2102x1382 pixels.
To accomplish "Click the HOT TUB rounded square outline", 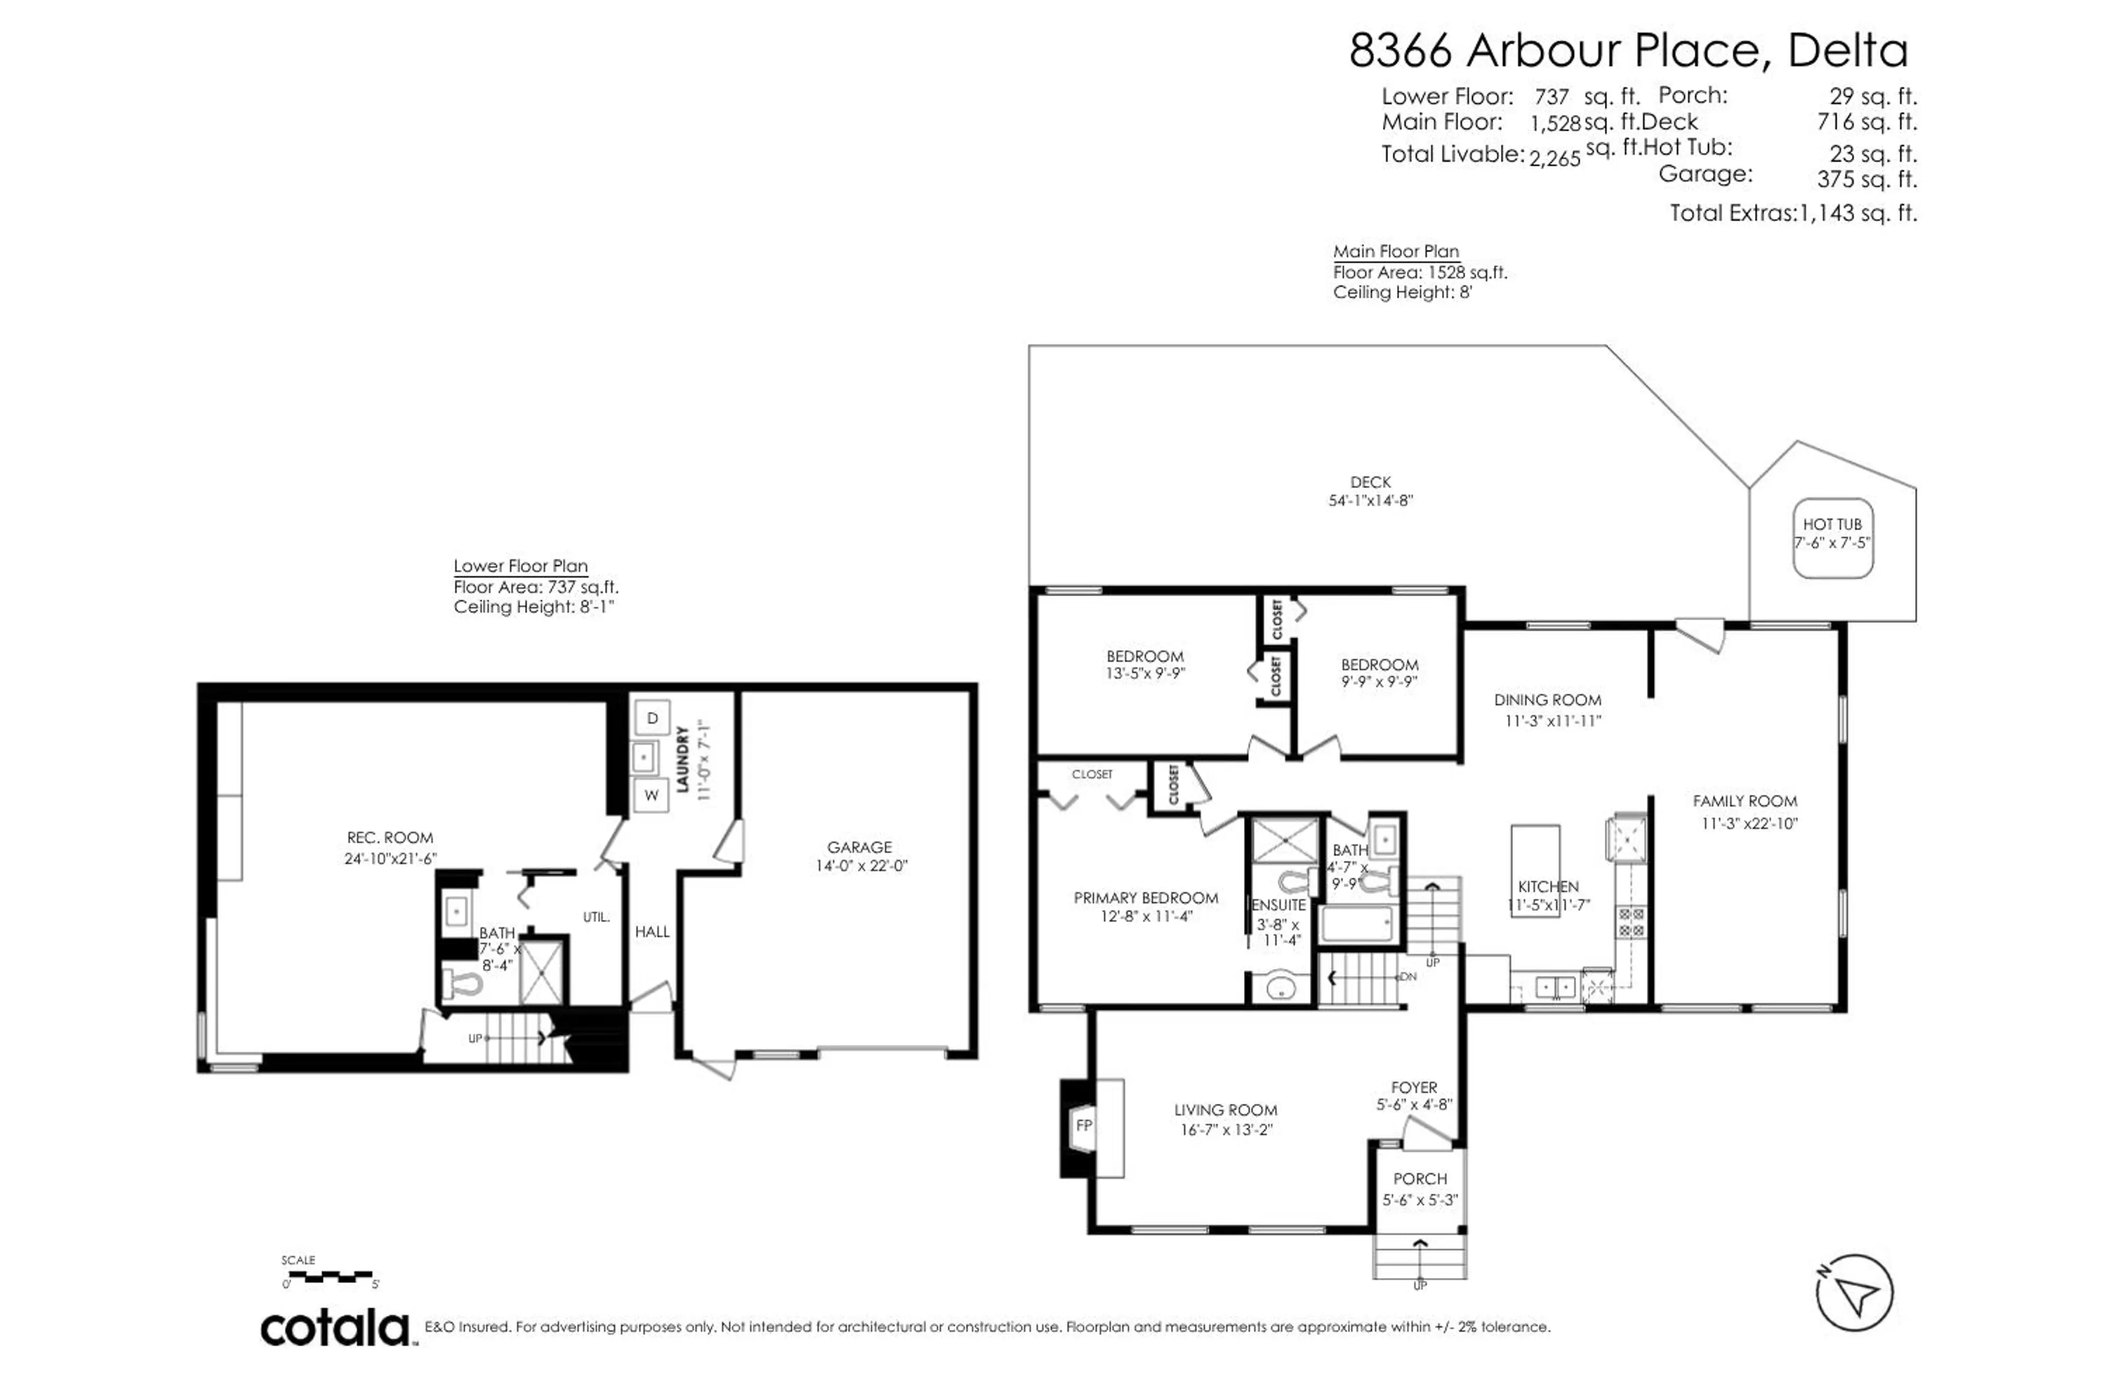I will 1833,538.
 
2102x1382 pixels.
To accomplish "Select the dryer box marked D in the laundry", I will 652,717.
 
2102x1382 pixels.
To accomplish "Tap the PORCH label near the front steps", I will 1420,1179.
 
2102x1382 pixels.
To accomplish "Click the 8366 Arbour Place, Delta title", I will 1628,50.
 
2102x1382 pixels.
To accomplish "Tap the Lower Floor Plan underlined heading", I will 520,566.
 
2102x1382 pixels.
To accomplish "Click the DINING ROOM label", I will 1547,700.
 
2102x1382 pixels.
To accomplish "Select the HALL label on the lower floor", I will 652,931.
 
